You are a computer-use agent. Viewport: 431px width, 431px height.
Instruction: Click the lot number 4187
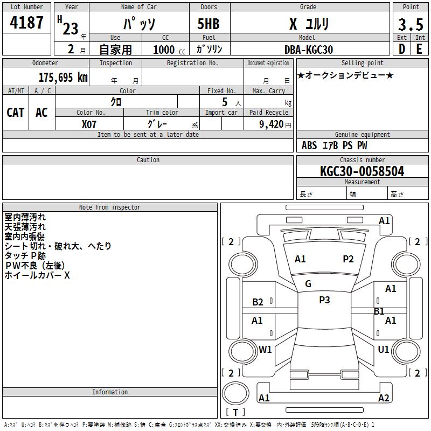(26, 22)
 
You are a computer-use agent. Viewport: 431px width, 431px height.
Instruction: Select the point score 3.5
(411, 24)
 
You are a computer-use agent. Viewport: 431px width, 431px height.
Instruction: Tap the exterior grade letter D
(401, 49)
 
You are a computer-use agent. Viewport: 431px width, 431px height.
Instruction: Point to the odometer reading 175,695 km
(63, 77)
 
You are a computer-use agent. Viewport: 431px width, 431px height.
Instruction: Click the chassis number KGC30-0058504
(362, 171)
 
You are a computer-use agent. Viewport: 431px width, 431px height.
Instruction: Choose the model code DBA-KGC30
(308, 50)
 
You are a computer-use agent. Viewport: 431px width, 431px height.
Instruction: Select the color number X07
(89, 124)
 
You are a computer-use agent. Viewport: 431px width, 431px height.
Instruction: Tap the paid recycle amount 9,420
(272, 124)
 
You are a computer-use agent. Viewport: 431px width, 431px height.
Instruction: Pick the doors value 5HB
(208, 24)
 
